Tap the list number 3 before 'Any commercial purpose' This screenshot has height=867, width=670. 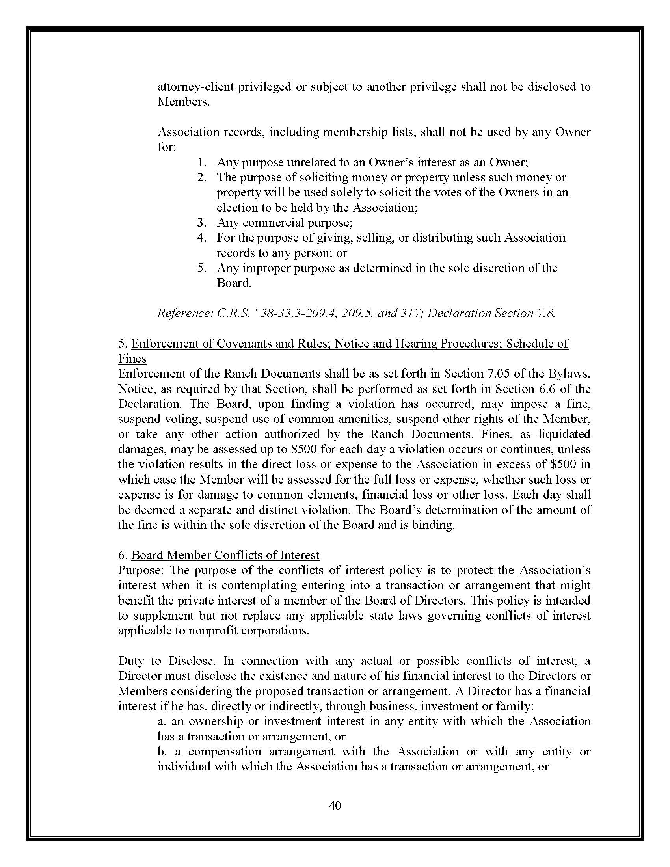201,223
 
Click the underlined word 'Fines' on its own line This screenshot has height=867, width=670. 132,359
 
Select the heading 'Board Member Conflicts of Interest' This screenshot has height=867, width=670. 225,555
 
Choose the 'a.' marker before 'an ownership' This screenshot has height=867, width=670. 162,721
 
